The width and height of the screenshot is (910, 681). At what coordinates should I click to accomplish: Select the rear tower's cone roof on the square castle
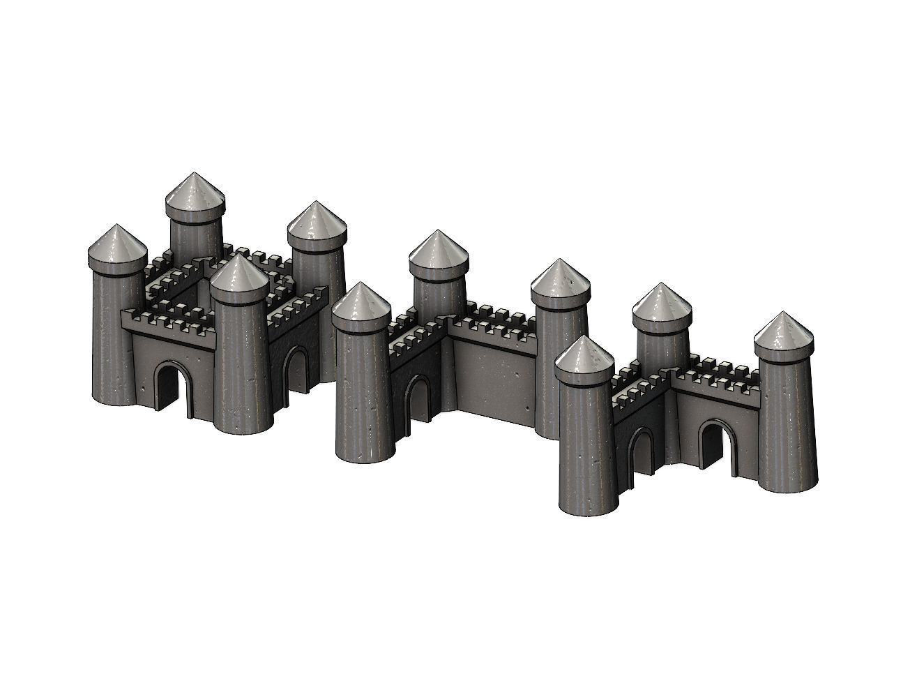195,193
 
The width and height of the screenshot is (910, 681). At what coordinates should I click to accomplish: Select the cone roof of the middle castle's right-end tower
560,280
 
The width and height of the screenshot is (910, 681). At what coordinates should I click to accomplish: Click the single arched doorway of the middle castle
419,398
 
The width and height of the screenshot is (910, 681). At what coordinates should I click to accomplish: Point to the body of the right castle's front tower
586,447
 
